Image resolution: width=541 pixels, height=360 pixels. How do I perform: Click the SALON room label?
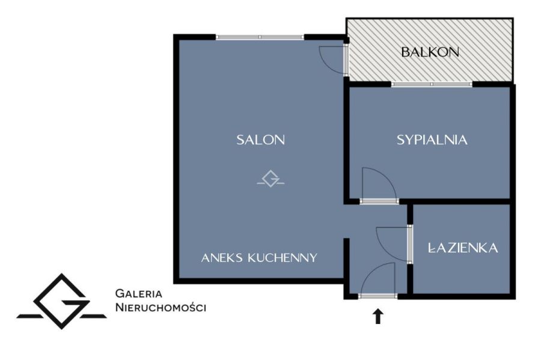tap(260, 139)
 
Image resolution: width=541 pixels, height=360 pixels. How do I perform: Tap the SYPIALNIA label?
tap(432, 139)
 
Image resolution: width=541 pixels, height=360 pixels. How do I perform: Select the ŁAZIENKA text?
tap(463, 248)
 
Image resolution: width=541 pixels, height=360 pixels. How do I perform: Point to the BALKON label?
tap(430, 52)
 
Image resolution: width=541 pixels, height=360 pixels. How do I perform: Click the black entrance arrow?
tap(378, 316)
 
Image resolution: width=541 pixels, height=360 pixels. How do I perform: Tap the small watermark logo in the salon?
tap(271, 178)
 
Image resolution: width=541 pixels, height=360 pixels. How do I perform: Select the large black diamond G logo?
tap(61, 301)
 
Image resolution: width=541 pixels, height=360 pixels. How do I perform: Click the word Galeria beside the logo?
tap(139, 294)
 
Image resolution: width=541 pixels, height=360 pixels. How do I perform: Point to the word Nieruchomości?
tap(160, 307)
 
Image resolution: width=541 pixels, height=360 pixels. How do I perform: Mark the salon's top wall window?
tap(260, 37)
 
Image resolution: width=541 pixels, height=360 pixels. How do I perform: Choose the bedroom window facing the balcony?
tap(432, 84)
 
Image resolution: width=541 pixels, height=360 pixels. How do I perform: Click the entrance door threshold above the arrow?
tap(378, 296)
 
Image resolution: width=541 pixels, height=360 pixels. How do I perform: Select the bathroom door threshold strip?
tap(410, 244)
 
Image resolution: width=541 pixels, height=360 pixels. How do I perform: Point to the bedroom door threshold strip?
tap(379, 201)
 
